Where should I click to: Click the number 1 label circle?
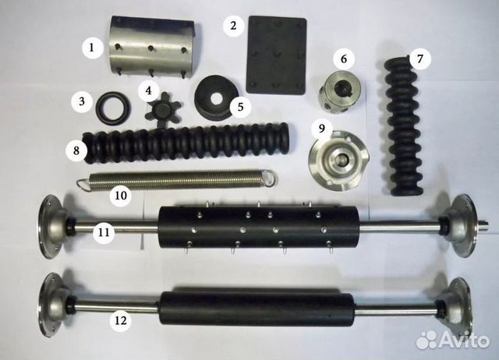[x=92, y=48]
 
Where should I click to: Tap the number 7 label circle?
[x=420, y=59]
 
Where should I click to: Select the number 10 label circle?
[x=121, y=196]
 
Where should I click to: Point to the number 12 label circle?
[x=121, y=320]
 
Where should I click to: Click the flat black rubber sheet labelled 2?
[x=277, y=55]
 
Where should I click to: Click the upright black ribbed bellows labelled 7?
[x=405, y=125]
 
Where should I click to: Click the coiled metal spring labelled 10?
[x=177, y=179]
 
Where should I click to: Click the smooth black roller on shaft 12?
[x=257, y=308]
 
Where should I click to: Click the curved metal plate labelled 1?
[x=151, y=47]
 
